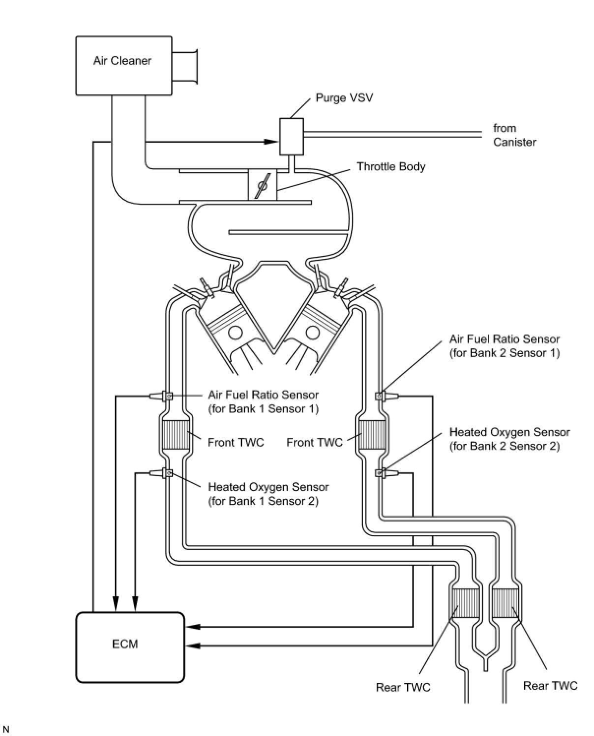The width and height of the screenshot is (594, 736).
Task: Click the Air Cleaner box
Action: coord(123,65)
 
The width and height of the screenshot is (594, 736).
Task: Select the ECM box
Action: coord(130,646)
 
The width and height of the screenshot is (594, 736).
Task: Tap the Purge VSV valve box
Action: coord(291,136)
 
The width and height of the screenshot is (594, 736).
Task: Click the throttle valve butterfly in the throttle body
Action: coord(263,185)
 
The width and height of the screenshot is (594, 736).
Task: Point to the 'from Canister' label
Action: coord(514,135)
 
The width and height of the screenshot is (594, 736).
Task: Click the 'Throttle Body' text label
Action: coord(390,166)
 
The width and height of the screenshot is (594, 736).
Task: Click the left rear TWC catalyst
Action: coord(465,603)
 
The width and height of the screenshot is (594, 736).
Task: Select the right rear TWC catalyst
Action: coord(506,603)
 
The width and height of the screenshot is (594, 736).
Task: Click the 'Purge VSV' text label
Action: coord(344,97)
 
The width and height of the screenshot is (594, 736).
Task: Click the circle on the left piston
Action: coord(236,333)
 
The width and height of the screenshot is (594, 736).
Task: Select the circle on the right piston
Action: coord(312,333)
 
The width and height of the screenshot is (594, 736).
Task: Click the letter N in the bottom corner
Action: coord(6,729)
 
